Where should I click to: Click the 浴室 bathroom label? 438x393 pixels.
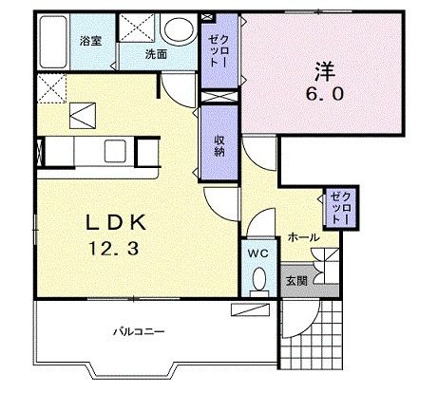coord(90,41)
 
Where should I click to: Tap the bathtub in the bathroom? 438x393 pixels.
coord(53,42)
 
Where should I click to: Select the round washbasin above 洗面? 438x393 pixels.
coord(179,28)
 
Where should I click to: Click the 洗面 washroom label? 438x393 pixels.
coord(156,54)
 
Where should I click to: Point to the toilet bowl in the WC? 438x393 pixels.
coord(259,279)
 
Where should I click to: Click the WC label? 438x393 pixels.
coord(258,253)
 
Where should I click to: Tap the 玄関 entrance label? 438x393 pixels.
coord(296,281)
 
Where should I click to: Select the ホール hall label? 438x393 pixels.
coord(303,237)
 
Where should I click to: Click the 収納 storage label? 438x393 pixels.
coord(219,146)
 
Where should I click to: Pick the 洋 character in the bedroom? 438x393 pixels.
coord(325,71)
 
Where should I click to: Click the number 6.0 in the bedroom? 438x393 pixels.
coord(324,94)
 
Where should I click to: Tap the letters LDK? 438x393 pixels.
coord(116,223)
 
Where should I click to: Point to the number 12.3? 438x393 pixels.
coord(114,249)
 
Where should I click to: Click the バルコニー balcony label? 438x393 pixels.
coord(140,331)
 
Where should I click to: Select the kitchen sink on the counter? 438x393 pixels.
coord(115,151)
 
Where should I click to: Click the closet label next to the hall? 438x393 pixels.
coord(340,209)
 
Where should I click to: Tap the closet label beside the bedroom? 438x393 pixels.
coord(219,50)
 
